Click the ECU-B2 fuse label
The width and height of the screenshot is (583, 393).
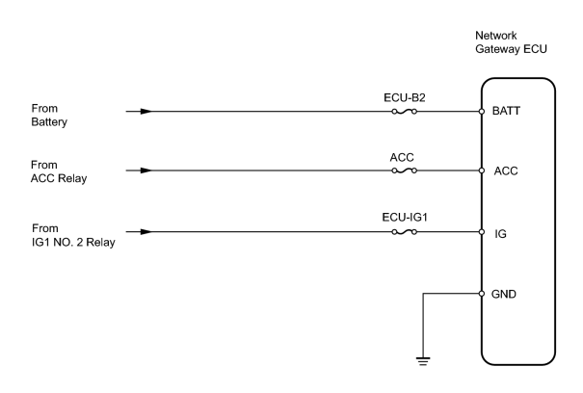(404, 98)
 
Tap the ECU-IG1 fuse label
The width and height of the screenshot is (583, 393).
(405, 217)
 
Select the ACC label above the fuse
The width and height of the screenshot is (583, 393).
(402, 158)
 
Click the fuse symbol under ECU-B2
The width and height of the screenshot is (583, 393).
(404, 111)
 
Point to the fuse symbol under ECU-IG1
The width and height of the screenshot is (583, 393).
(404, 232)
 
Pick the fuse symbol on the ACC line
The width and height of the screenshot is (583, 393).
(404, 170)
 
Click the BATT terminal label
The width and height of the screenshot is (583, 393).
(506, 111)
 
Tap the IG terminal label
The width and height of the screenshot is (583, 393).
(500, 233)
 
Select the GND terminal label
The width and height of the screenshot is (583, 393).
(504, 294)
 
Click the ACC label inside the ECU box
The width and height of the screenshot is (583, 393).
(506, 171)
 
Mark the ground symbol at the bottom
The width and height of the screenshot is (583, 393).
(423, 361)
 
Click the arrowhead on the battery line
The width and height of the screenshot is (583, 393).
(146, 111)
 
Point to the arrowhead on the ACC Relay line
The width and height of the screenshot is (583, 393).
(146, 170)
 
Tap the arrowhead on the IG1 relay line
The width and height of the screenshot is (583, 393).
(146, 232)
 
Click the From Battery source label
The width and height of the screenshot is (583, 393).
(49, 116)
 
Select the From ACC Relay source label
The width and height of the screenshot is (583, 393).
(59, 171)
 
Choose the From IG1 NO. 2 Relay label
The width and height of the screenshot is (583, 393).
(73, 235)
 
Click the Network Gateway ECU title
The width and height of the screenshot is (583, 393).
(511, 42)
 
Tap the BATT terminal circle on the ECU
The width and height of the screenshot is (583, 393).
(482, 111)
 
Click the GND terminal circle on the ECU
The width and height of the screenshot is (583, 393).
(482, 294)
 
